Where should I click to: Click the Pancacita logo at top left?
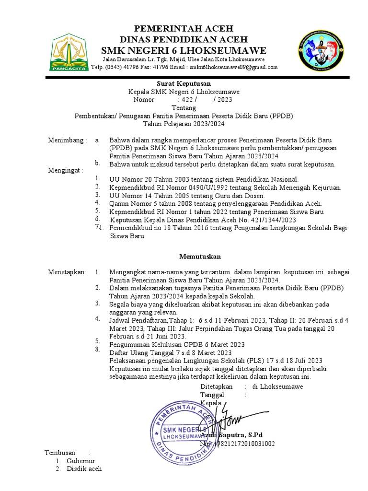point(69,52)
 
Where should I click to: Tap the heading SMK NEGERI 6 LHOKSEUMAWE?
point(184,51)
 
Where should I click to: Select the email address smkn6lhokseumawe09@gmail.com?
point(233,67)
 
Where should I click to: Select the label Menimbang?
point(67,140)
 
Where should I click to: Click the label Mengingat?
point(65,170)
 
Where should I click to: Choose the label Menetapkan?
point(67,272)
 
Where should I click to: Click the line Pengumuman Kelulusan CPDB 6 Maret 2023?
point(177,344)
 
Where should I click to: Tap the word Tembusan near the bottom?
point(60,453)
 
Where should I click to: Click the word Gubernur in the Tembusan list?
point(81,461)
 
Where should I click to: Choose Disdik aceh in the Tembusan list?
point(84,469)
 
